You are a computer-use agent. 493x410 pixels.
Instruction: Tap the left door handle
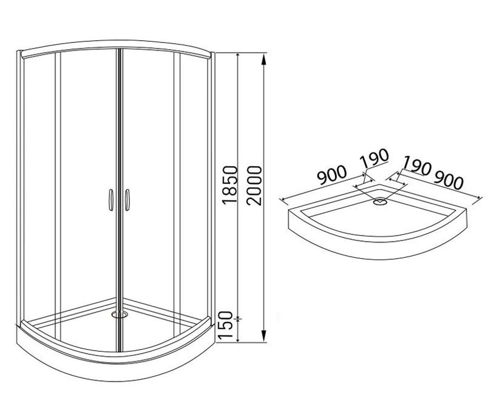coord(111,200)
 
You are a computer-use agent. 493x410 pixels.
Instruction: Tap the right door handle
coord(127,200)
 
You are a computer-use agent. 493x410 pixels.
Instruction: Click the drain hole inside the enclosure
coord(120,314)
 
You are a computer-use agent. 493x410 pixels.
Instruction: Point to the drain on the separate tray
coord(380,202)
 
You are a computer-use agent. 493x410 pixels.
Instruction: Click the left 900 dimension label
coord(331,175)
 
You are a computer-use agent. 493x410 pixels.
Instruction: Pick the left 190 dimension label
coord(374,157)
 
